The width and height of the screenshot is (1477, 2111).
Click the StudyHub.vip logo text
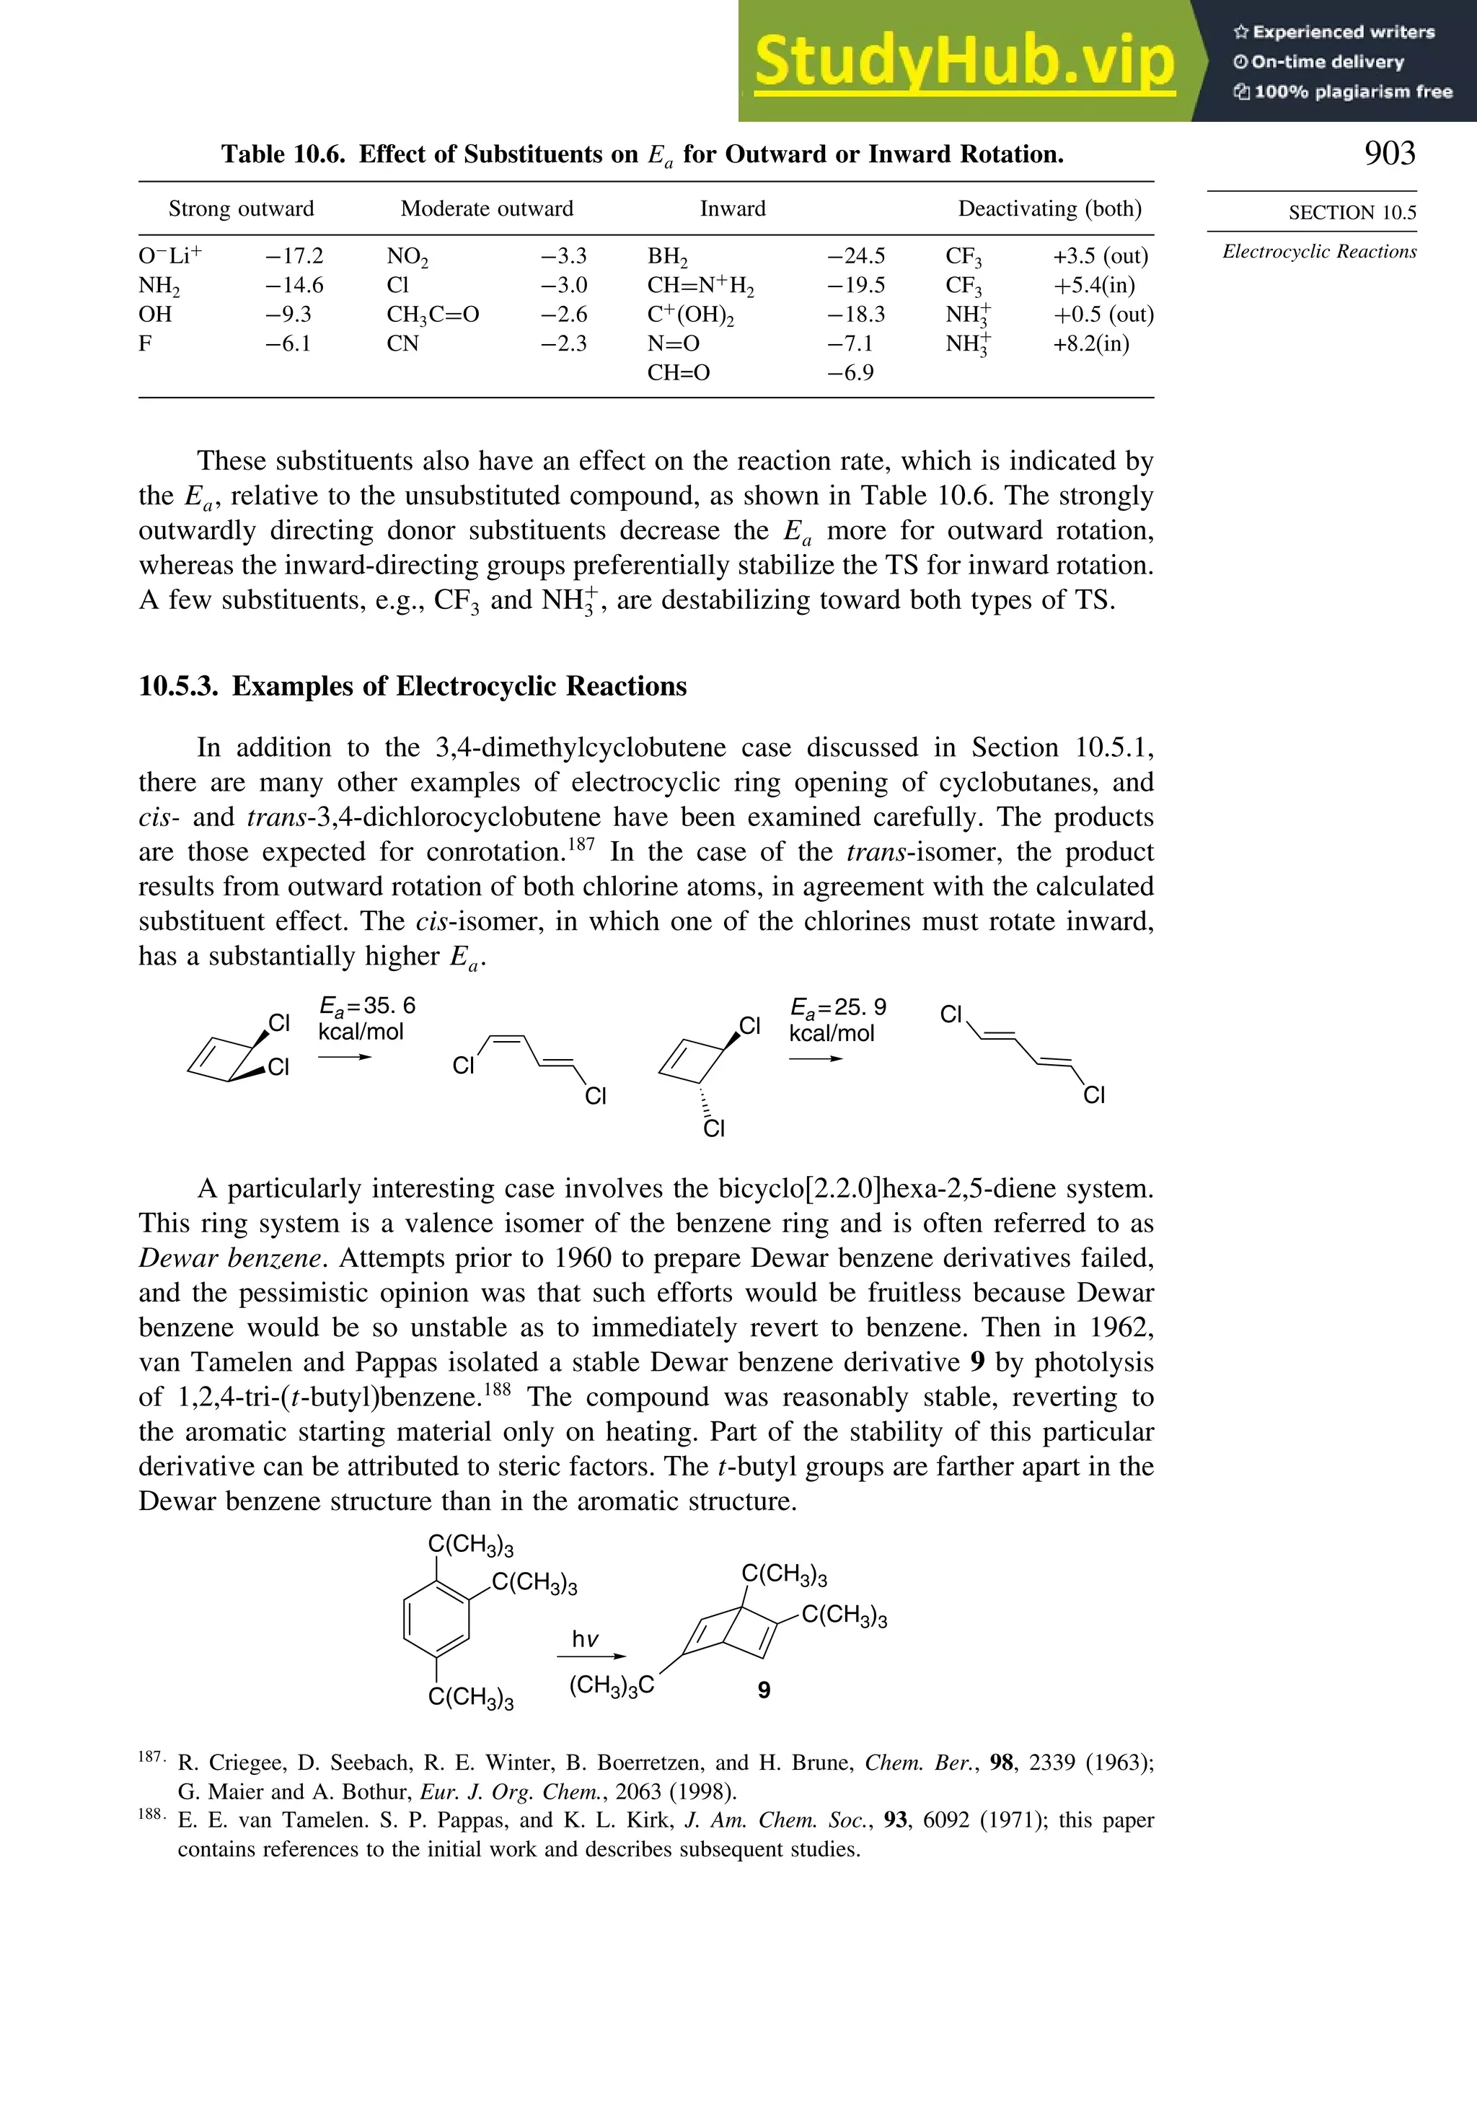964,63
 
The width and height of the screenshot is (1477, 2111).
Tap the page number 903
1390,153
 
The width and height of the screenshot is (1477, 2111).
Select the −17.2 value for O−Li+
294,255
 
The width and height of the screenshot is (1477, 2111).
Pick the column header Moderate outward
486,209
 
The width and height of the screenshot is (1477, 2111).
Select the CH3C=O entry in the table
433,315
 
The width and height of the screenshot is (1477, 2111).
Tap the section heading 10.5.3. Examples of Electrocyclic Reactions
413,687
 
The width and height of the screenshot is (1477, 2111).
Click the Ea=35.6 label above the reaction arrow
366,1006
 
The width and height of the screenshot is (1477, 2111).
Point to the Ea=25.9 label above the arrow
837,1008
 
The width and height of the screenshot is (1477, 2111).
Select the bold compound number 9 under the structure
764,1690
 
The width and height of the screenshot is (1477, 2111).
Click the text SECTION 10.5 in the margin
1352,212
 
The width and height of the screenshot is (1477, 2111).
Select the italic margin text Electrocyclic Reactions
1319,252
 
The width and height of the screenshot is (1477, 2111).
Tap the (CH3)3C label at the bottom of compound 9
611,1685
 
